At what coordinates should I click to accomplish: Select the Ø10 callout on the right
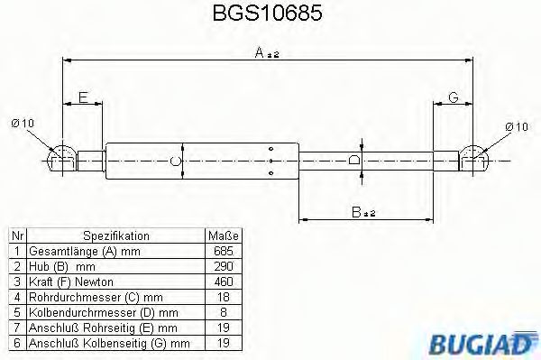(517, 125)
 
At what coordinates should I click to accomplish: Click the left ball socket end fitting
(61, 160)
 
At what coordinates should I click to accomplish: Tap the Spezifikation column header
(116, 236)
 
